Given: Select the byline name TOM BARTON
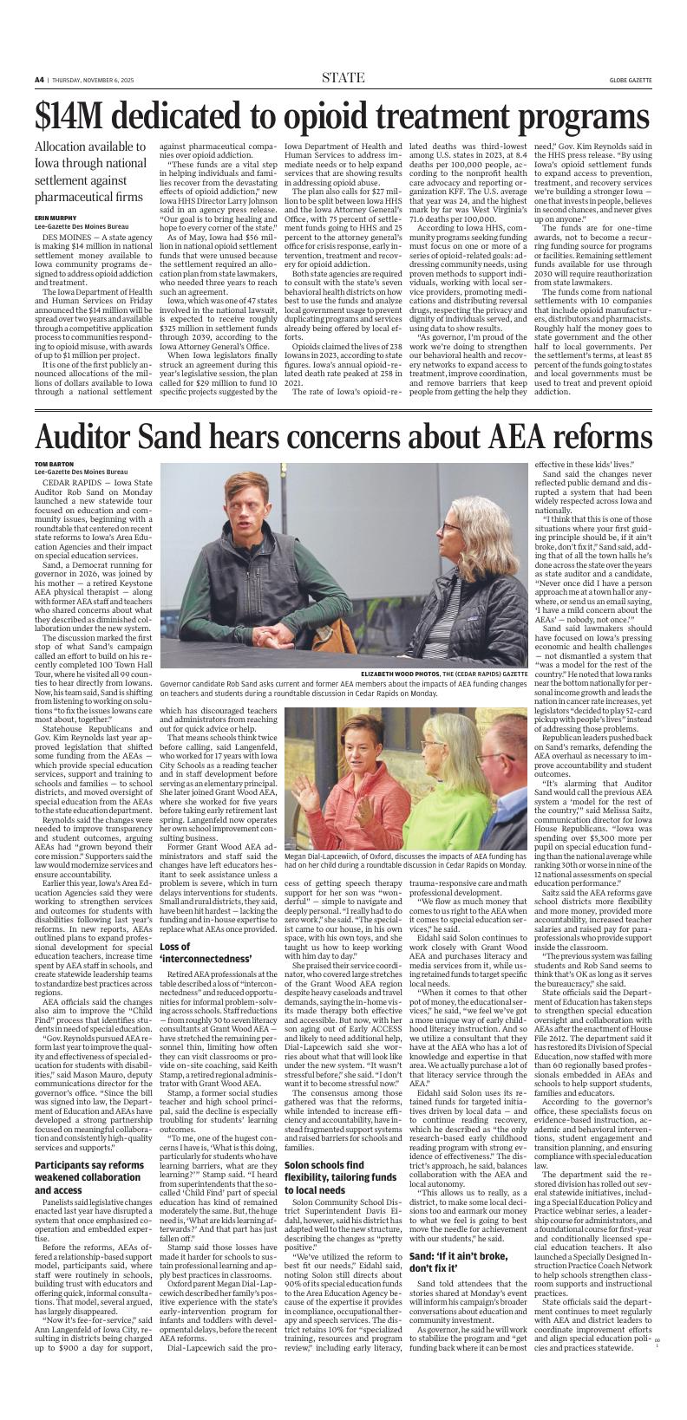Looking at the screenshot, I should click(x=54, y=465).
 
